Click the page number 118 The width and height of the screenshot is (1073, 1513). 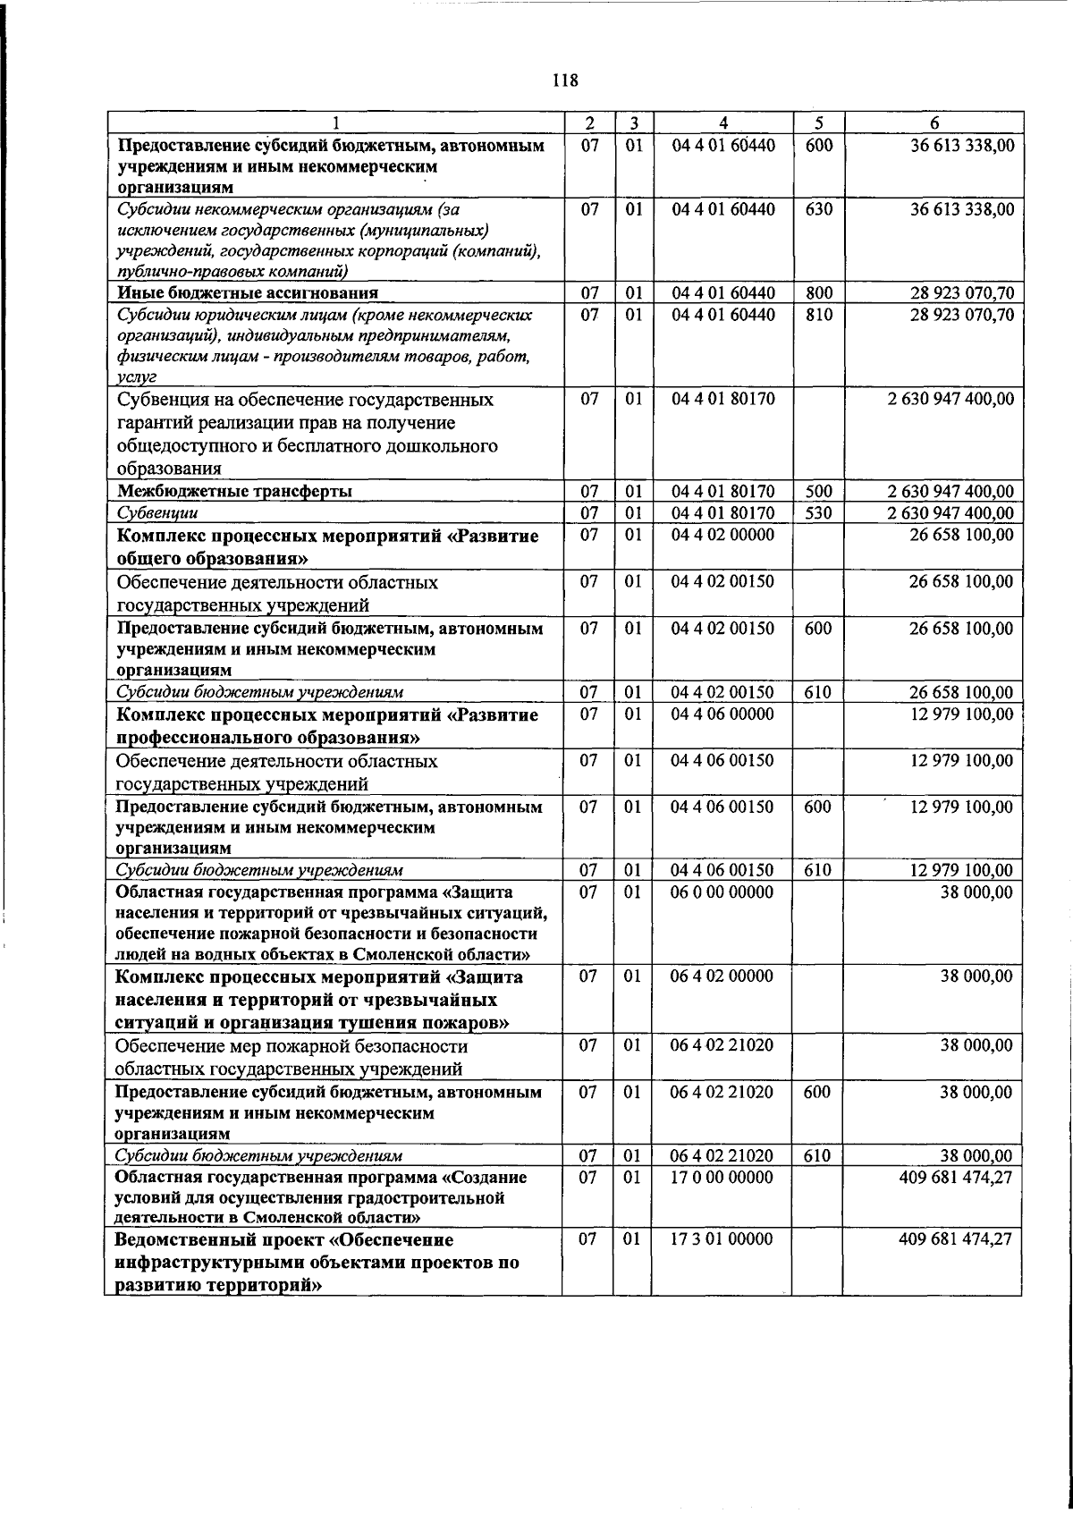point(565,81)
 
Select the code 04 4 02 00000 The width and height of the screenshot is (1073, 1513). point(722,535)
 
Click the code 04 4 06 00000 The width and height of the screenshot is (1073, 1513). point(722,714)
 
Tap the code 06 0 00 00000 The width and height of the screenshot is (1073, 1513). point(722,892)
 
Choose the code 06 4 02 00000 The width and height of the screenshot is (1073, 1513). point(722,976)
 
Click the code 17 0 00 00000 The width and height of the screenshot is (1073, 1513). point(722,1177)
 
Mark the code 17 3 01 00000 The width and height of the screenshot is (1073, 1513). point(722,1239)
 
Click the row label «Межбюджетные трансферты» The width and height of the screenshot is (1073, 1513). point(235,491)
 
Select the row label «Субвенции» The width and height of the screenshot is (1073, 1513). point(158,513)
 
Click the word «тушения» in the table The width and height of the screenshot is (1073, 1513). point(387,1023)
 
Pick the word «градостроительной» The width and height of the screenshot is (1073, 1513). point(426,1197)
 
